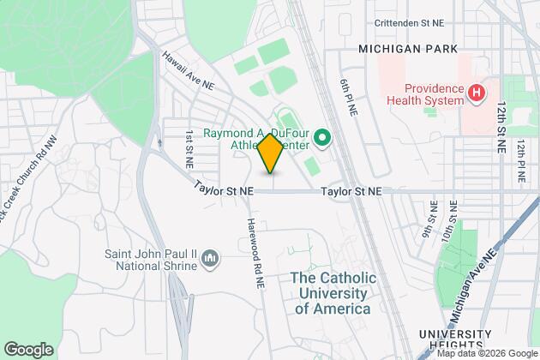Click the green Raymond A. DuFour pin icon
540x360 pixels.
point(322,136)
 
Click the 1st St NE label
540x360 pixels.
point(188,148)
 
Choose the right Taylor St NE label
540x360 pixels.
point(351,194)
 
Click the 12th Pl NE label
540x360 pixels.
point(520,163)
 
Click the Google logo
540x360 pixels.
point(27,349)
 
